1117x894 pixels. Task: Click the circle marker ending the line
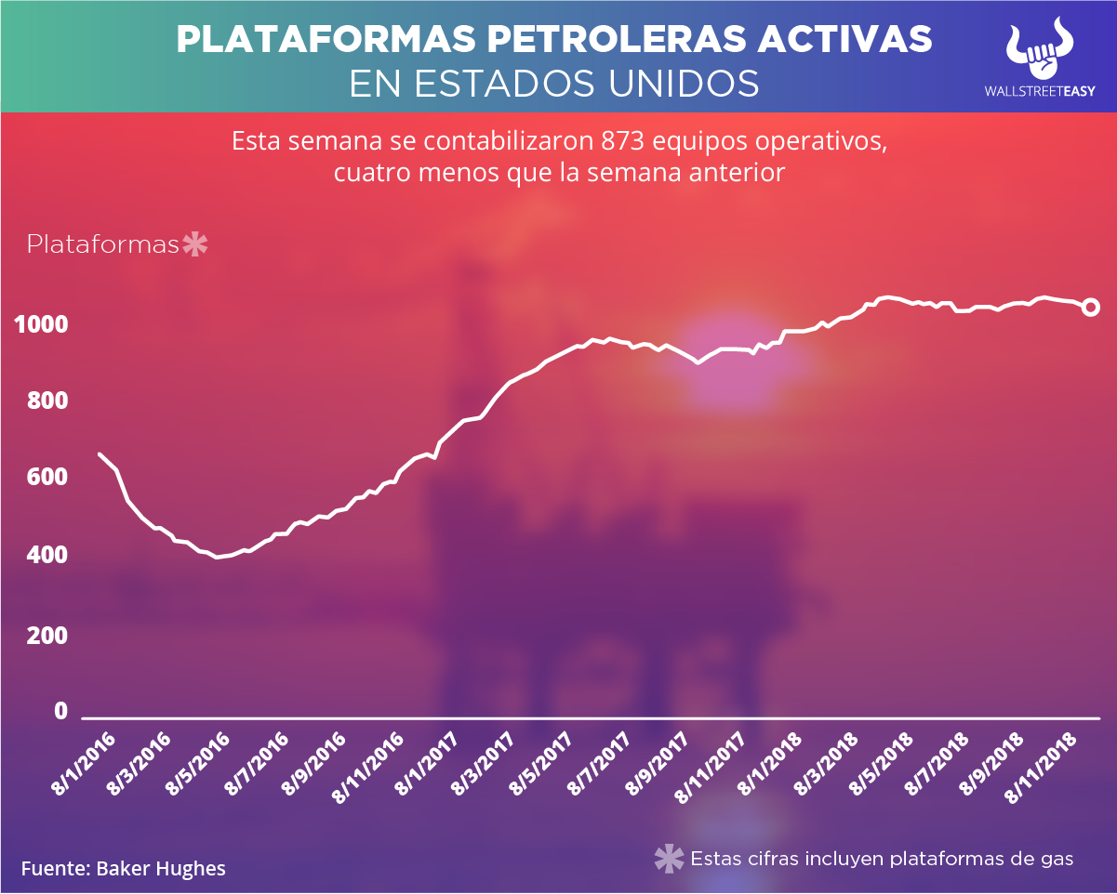point(1092,308)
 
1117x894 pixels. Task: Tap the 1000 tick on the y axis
point(41,325)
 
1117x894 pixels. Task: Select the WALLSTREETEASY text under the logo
point(1041,92)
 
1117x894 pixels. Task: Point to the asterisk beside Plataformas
point(195,245)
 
